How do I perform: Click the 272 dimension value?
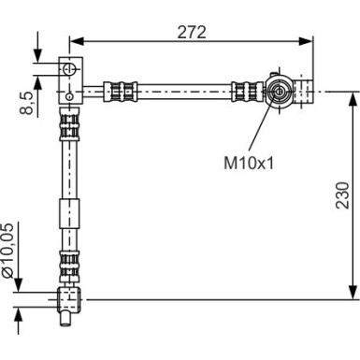(x=192, y=32)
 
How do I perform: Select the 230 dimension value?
(x=342, y=195)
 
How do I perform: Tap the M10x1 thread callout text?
(x=249, y=163)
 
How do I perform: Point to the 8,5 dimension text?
(x=27, y=103)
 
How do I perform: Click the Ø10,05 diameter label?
(x=7, y=251)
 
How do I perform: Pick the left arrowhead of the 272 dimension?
(x=77, y=41)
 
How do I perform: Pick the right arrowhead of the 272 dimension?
(x=306, y=41)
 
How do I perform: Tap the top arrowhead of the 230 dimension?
(x=353, y=99)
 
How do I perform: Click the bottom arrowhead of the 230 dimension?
(x=353, y=292)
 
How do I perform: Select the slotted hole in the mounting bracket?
(x=69, y=69)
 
